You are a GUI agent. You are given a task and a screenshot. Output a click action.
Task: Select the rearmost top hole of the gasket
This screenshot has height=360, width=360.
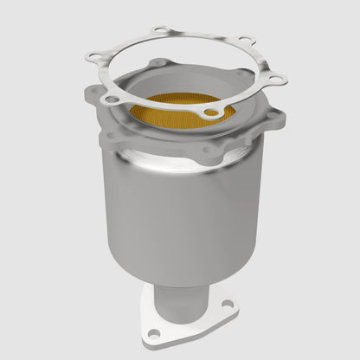[158, 32]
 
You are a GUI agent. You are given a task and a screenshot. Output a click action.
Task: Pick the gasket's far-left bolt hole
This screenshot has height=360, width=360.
[92, 55]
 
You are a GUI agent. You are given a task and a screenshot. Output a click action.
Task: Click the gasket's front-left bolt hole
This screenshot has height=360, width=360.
[109, 100]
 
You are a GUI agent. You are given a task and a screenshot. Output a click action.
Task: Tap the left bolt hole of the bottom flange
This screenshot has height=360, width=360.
[153, 332]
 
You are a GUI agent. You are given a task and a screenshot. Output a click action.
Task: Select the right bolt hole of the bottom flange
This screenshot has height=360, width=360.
[228, 304]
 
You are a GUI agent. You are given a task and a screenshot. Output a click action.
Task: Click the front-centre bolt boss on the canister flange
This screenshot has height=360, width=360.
[210, 150]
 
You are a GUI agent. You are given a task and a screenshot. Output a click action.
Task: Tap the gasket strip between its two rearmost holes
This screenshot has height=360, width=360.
[203, 35]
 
